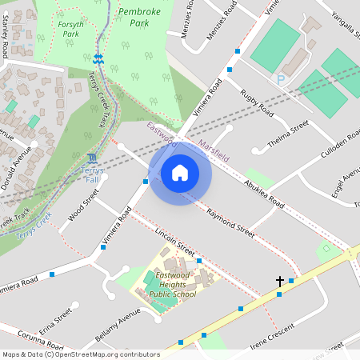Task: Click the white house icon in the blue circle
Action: tap(180, 172)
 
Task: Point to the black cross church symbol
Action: tap(280, 282)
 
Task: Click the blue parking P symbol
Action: tap(280, 79)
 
